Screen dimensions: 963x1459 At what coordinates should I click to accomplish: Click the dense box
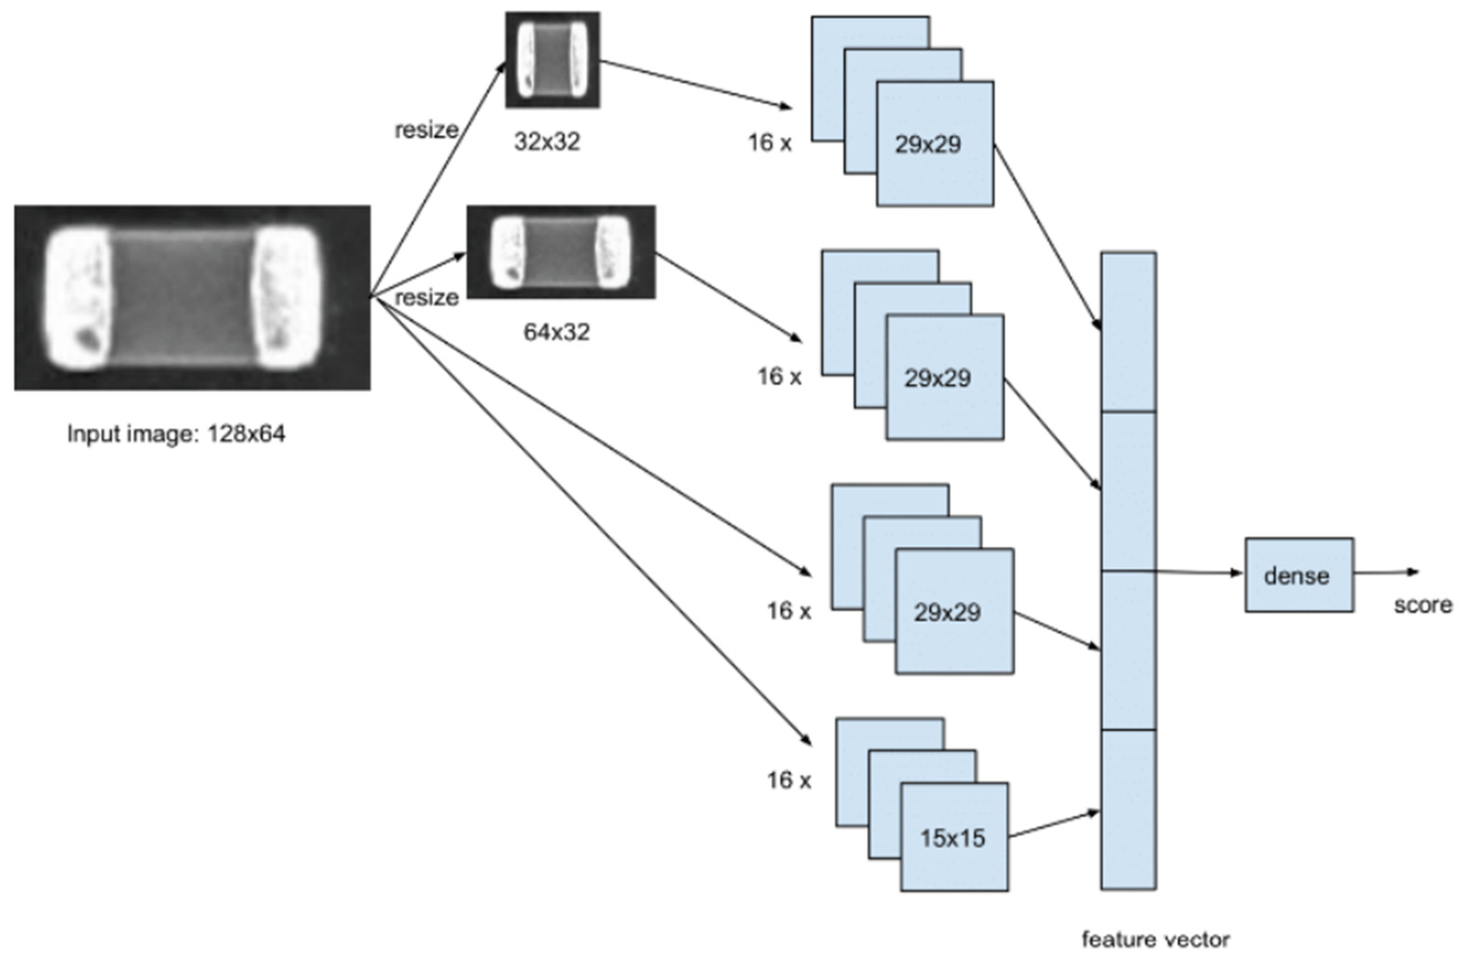pos(1298,575)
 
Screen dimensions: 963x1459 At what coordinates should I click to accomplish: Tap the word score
pos(1422,605)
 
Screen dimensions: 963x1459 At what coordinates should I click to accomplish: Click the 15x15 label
pos(952,838)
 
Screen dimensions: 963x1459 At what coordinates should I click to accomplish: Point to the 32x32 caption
pos(547,142)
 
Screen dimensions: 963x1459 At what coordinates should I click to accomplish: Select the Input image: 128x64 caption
pos(176,433)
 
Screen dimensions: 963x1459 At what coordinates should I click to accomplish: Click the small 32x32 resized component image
pos(552,59)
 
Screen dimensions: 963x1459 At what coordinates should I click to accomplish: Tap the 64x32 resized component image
pos(561,252)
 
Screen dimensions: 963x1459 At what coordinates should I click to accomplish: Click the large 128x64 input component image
pos(192,297)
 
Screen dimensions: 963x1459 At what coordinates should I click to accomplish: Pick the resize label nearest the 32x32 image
pos(426,130)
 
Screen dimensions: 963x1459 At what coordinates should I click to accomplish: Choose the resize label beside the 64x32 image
pos(426,298)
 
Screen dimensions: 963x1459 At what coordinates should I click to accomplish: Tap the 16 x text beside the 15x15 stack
pos(788,780)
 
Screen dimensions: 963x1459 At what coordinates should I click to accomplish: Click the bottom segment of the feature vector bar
pos(1128,809)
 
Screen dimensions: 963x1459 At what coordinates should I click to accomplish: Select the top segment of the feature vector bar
pos(1128,332)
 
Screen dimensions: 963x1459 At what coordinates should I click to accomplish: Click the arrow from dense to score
pos(1384,572)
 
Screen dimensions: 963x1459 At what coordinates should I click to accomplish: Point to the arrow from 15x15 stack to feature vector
pos(1053,824)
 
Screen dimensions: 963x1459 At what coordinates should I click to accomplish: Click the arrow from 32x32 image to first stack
pos(694,84)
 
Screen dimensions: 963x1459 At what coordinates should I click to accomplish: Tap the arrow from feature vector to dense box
pos(1197,572)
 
